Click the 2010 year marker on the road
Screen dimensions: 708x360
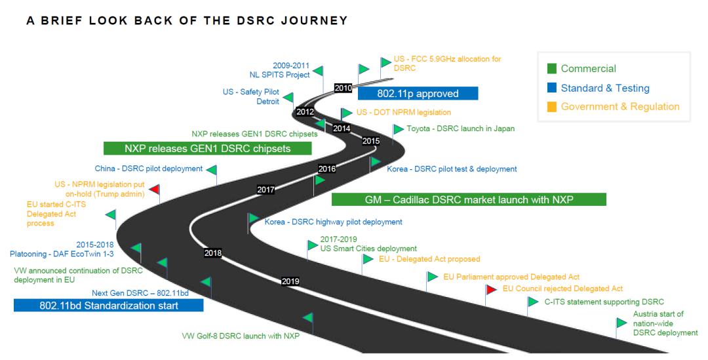[343, 88]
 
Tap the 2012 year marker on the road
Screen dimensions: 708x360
[305, 111]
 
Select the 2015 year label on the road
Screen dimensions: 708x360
[370, 141]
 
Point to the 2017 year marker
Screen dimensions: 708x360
[266, 190]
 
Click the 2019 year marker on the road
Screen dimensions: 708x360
[290, 281]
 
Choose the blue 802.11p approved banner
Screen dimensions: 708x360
[418, 94]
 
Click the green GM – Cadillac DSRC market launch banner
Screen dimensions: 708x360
[469, 199]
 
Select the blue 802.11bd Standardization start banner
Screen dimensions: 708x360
[108, 306]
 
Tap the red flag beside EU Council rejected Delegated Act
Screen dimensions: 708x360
[491, 289]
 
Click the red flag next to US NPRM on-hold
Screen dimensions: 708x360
[155, 189]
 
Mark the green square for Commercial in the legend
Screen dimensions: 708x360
[552, 69]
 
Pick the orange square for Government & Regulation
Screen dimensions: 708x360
[552, 107]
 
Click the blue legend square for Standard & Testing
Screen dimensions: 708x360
[552, 88]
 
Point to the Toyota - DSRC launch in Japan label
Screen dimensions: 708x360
[461, 129]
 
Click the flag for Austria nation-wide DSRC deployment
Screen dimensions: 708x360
[621, 323]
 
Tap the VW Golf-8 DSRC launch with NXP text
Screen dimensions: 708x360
[241, 336]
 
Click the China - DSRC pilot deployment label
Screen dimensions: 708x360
[149, 169]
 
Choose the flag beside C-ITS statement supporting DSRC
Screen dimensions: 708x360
[533, 301]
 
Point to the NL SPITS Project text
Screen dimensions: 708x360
[279, 75]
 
